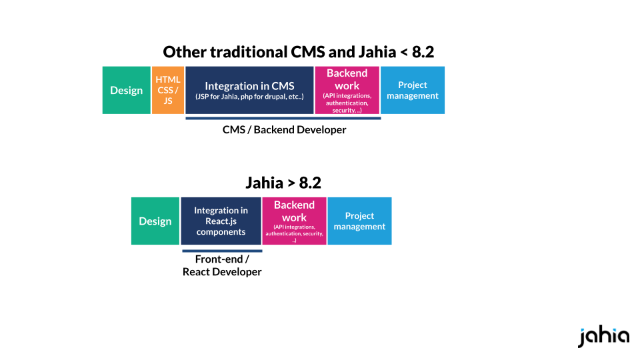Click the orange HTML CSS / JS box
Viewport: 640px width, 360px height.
[168, 90]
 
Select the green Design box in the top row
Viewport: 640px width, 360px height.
[127, 90]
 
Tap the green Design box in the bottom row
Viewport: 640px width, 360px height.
[155, 221]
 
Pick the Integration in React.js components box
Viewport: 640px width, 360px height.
[221, 221]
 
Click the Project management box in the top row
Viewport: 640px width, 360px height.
[413, 90]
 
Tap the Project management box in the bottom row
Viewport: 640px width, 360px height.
[359, 221]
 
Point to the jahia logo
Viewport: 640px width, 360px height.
[603, 335]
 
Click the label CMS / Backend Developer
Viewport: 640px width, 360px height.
[285, 130]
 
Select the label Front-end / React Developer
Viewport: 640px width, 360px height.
[222, 265]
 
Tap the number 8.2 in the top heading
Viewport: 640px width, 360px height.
[423, 52]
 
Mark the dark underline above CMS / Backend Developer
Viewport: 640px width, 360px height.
[283, 119]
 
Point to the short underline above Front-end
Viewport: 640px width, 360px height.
[222, 251]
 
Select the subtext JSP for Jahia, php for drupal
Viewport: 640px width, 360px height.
[249, 97]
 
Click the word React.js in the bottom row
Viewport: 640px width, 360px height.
[221, 221]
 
